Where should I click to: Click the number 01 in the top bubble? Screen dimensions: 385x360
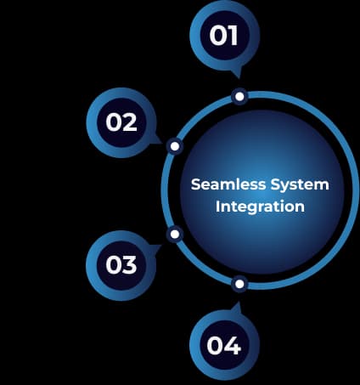[224, 37]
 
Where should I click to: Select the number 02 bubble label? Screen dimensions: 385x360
[121, 122]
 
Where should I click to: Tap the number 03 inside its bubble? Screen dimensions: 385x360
[121, 264]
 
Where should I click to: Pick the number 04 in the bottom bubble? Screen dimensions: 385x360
[224, 347]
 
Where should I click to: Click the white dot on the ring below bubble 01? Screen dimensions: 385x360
[239, 97]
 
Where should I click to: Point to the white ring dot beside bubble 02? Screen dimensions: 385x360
[175, 146]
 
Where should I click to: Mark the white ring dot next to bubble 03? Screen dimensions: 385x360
[175, 234]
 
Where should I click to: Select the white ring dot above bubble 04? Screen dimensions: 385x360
[239, 283]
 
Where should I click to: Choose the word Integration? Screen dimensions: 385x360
[259, 207]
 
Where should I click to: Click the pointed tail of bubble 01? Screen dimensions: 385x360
[237, 75]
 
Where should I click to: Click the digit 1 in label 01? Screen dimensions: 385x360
[233, 37]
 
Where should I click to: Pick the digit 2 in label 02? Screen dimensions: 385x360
[130, 122]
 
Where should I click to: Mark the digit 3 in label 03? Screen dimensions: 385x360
[130, 264]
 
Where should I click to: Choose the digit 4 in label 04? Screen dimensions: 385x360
[233, 347]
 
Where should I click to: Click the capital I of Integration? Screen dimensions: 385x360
[218, 207]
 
